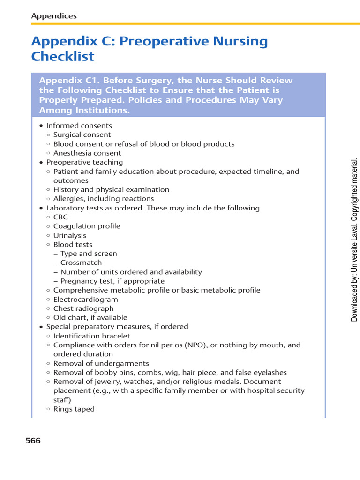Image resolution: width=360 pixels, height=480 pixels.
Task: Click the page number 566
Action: pyautogui.click(x=32, y=440)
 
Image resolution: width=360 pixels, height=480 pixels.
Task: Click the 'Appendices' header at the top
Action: pyautogui.click(x=54, y=16)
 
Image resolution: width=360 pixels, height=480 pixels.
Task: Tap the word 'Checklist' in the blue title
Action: pyautogui.click(x=63, y=57)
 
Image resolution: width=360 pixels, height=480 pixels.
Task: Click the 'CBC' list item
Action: pyautogui.click(x=60, y=217)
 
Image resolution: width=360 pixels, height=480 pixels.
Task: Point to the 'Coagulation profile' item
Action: pyautogui.click(x=87, y=226)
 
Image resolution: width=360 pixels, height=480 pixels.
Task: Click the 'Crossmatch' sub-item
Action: pyautogui.click(x=81, y=262)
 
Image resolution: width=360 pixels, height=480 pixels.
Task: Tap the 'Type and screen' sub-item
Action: pyautogui.click(x=89, y=254)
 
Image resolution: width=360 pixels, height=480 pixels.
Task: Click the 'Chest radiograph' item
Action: pyautogui.click(x=83, y=308)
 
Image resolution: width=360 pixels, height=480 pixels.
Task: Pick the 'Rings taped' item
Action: pyautogui.click(x=74, y=409)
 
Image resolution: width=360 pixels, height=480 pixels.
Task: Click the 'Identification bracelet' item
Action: pyautogui.click(x=92, y=336)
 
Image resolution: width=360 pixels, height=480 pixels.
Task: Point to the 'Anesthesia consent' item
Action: pyautogui.click(x=87, y=153)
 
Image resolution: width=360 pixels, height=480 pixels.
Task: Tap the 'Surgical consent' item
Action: pyautogui.click(x=82, y=135)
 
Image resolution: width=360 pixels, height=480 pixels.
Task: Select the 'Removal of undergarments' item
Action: pyautogui.click(x=101, y=363)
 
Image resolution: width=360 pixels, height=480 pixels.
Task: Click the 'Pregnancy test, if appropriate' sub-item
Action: pyautogui.click(x=112, y=281)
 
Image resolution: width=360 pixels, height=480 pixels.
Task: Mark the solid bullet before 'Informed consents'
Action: pyautogui.click(x=41, y=126)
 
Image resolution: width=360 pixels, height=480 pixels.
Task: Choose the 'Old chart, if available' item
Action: pyautogui.click(x=90, y=317)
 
